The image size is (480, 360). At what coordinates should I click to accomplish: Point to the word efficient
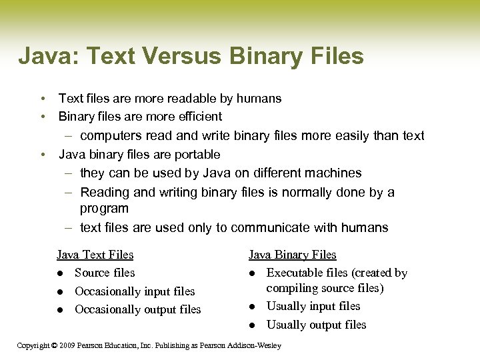click(197, 117)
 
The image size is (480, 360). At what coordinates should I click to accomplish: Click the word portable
click(197, 155)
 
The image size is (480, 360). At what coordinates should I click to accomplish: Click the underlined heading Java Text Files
click(95, 255)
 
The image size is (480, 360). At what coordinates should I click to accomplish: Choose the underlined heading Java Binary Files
click(292, 255)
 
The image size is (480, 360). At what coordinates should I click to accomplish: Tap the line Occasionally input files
click(135, 291)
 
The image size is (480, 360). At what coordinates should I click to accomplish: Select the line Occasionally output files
click(137, 309)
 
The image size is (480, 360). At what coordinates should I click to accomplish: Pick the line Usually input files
click(313, 307)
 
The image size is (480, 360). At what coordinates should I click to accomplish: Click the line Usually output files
click(316, 325)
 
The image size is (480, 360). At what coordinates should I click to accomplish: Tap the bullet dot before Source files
click(60, 273)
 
